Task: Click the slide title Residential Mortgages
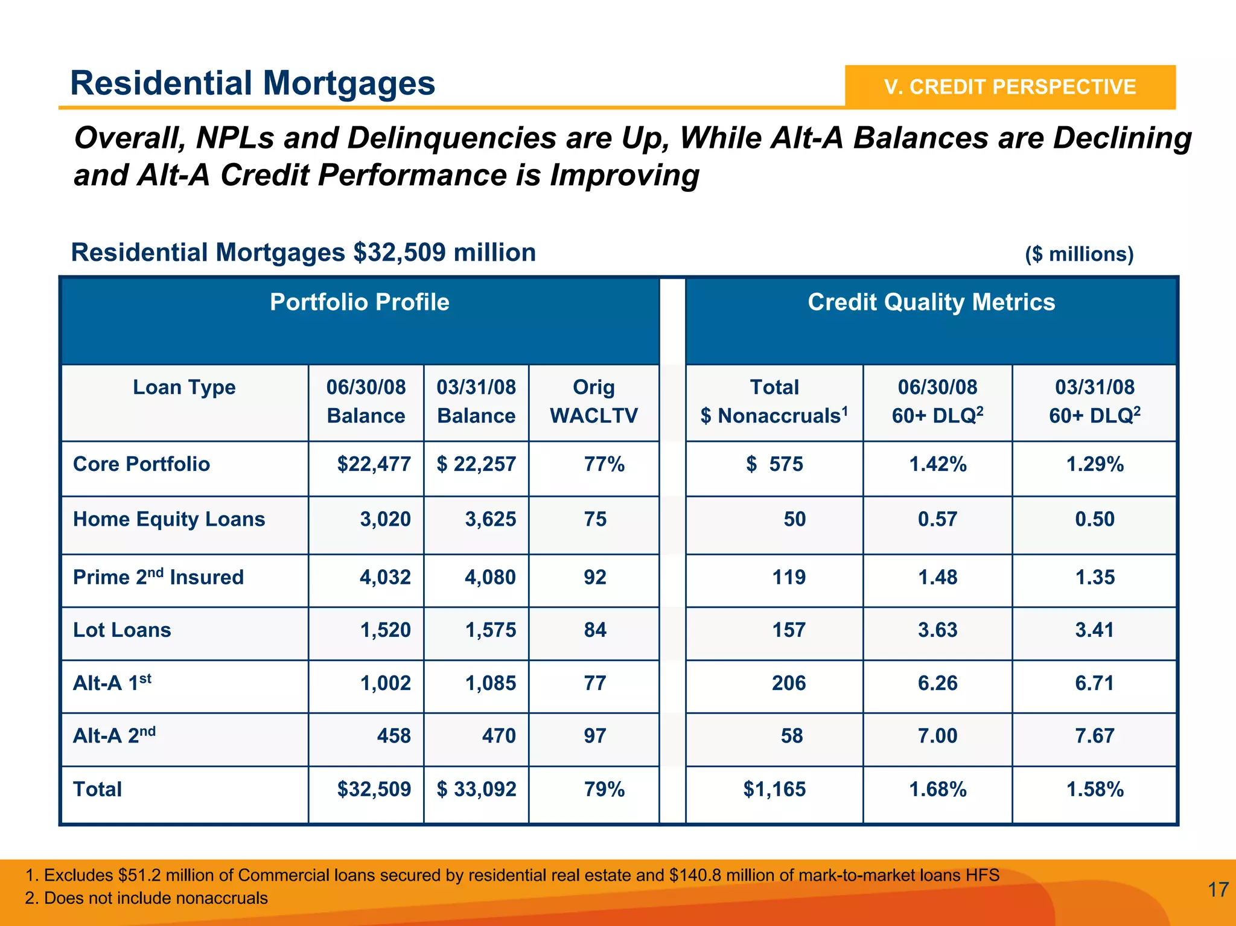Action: [252, 83]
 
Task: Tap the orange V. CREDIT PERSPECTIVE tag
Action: [1010, 87]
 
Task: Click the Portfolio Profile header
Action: [359, 302]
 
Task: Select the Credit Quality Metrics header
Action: [931, 302]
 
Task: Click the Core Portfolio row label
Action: [141, 464]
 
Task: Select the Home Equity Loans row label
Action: [169, 519]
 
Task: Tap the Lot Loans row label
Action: [122, 630]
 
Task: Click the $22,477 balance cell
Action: [374, 464]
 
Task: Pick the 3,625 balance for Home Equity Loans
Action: [490, 519]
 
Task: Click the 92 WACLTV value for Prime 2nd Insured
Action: [595, 577]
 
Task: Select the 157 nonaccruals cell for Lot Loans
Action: [789, 630]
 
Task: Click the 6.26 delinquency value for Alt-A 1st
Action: [937, 683]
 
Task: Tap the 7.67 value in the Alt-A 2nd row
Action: [1094, 736]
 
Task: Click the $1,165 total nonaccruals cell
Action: [774, 790]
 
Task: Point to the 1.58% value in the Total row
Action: [1094, 790]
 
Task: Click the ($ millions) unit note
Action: [1079, 254]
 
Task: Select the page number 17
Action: [1218, 890]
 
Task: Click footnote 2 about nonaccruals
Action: [147, 898]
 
